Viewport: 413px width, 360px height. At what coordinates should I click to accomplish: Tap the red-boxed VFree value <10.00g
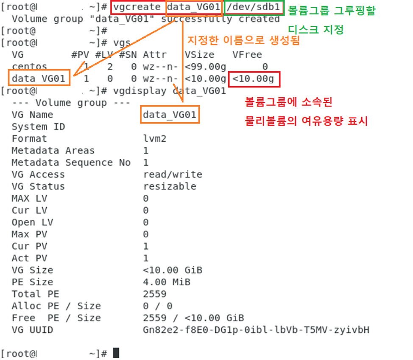254,79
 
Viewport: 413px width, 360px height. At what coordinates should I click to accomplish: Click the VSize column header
199,55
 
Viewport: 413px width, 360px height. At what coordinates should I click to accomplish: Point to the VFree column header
247,55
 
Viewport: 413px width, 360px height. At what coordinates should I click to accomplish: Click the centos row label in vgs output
30,67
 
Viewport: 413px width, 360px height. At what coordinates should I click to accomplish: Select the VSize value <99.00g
205,67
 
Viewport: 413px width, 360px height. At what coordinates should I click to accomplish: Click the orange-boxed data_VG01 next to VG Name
170,115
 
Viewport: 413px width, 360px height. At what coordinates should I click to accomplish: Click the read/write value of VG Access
173,174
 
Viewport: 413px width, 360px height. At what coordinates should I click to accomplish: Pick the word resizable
170,186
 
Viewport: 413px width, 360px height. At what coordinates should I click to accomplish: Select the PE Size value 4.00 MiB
167,282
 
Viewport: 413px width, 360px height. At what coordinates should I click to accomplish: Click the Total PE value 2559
155,294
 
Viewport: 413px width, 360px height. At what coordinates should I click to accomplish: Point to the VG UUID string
256,330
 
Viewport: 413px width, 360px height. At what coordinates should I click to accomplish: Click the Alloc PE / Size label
56,306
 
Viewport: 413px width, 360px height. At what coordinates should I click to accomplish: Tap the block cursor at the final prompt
116,353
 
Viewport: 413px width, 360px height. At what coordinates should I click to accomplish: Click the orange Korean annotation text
243,41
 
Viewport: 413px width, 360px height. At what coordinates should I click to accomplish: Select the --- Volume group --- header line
59,103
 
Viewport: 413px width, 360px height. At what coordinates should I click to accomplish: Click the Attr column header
155,55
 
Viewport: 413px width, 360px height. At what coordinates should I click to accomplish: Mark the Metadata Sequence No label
71,163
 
